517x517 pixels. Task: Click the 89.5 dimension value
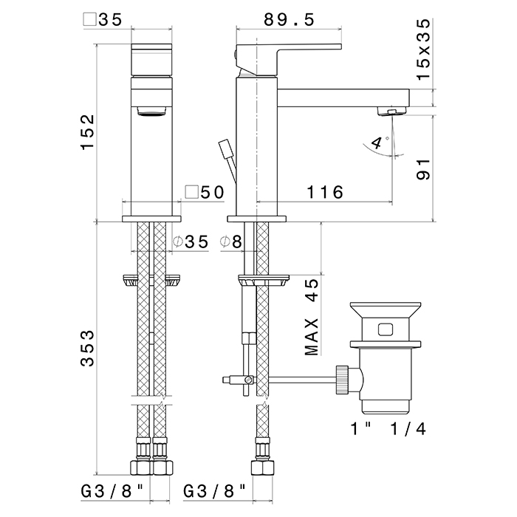[x=290, y=20]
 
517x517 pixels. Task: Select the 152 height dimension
[x=88, y=132]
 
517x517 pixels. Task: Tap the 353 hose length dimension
[x=87, y=348]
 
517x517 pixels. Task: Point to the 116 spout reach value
[x=325, y=192]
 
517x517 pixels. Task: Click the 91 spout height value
[x=423, y=169]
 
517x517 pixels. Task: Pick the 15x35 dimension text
[x=423, y=49]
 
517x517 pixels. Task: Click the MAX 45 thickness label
[x=312, y=317]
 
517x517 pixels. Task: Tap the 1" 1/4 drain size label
[x=388, y=428]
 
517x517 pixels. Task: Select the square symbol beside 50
[x=191, y=192]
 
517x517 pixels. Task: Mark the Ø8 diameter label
[x=230, y=242]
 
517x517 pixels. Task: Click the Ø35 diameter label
[x=191, y=242]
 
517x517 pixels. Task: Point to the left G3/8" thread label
[x=113, y=491]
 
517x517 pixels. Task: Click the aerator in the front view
[x=151, y=111]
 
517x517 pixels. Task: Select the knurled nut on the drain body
[x=342, y=380]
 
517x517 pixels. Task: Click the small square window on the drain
[x=385, y=329]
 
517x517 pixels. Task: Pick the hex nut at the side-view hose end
[x=262, y=468]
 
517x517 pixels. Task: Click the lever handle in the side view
[x=288, y=58]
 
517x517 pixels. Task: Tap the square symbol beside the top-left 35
[x=89, y=19]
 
